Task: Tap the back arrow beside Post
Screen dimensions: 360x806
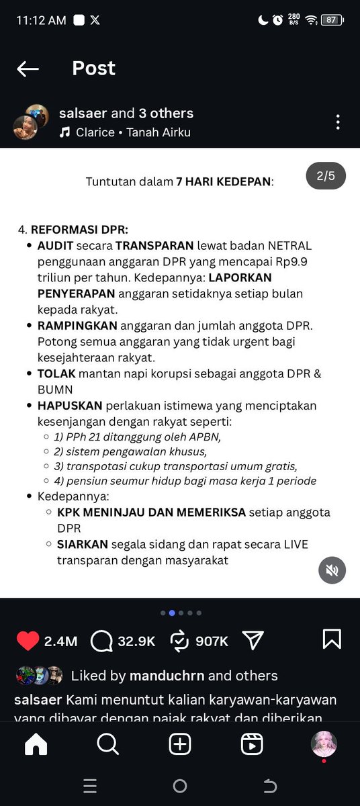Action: click(x=28, y=69)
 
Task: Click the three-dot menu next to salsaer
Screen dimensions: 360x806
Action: click(x=338, y=122)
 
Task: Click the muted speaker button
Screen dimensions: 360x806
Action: click(x=332, y=570)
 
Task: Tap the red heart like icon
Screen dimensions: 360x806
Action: click(x=28, y=641)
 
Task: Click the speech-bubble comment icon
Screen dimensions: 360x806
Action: click(x=101, y=641)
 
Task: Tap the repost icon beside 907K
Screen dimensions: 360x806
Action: click(x=179, y=641)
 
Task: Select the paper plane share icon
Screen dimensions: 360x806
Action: click(x=253, y=640)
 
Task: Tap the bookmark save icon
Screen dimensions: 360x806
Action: click(x=332, y=639)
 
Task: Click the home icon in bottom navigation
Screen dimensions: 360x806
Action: click(x=36, y=744)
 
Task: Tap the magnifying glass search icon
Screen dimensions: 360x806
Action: click(x=107, y=744)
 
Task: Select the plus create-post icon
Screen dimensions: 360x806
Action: click(x=180, y=744)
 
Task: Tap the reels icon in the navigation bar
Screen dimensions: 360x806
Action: click(x=252, y=744)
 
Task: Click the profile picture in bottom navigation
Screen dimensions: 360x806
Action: click(x=324, y=744)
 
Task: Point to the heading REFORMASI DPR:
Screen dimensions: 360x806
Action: click(x=79, y=229)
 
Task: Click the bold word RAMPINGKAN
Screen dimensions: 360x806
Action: click(x=77, y=326)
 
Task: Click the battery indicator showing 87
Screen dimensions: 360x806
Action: click(x=331, y=20)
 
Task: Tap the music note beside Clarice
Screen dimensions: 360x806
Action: click(x=64, y=132)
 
